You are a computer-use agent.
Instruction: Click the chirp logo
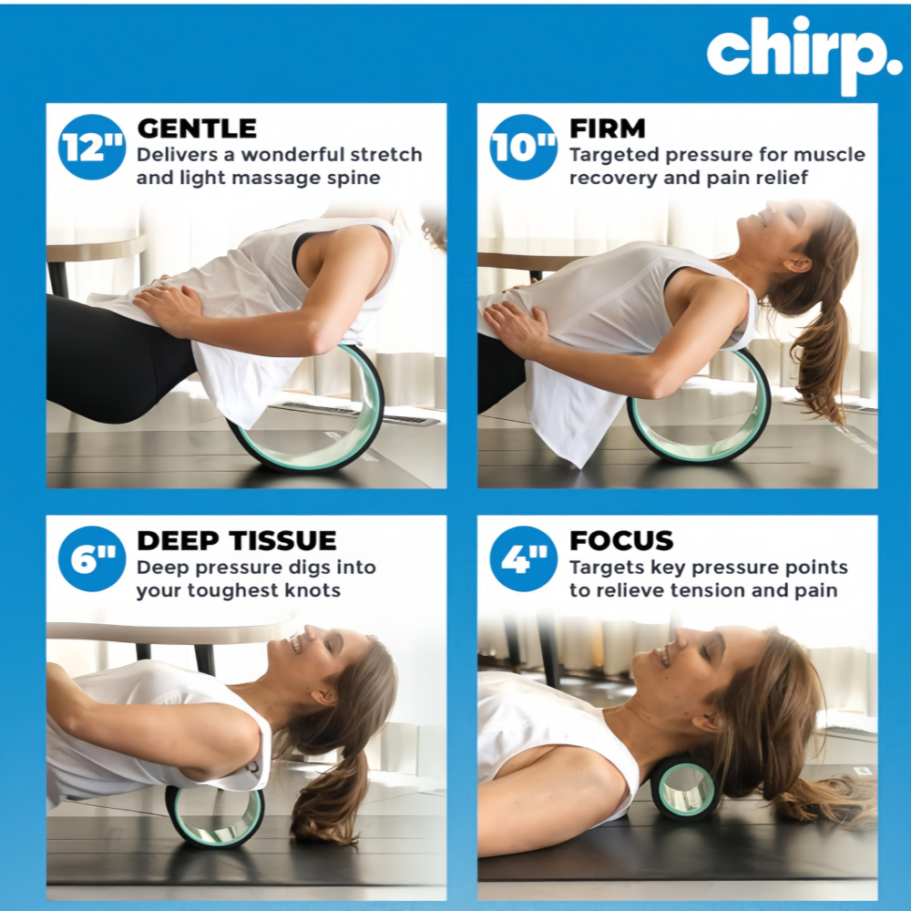(x=804, y=54)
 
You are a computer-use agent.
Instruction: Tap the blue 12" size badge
(x=92, y=147)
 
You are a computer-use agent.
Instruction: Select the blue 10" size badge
(x=524, y=147)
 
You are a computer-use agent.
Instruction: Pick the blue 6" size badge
(x=92, y=559)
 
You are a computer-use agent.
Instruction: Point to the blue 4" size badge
(x=524, y=559)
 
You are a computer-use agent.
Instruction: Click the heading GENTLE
(x=197, y=128)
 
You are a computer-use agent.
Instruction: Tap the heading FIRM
(x=607, y=128)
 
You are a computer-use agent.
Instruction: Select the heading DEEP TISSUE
(x=237, y=540)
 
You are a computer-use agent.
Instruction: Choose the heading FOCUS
(x=621, y=540)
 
